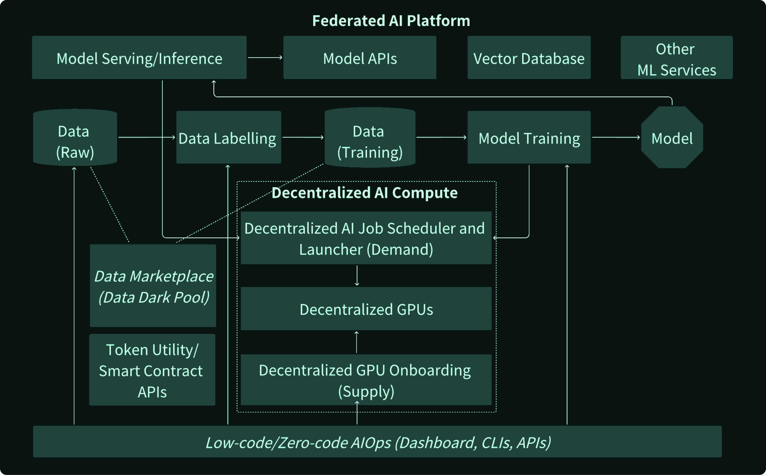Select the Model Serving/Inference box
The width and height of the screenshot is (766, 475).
pyautogui.click(x=139, y=58)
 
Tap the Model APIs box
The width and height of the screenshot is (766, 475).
pyautogui.click(x=360, y=58)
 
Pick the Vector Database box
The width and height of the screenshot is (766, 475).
pyautogui.click(x=529, y=58)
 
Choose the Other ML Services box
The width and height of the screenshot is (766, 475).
pyautogui.click(x=676, y=58)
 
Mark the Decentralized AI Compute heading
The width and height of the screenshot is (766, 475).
pyautogui.click(x=364, y=193)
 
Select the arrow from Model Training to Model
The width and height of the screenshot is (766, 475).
pyautogui.click(x=616, y=137)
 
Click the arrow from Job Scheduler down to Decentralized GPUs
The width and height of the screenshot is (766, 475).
pyautogui.click(x=357, y=275)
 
